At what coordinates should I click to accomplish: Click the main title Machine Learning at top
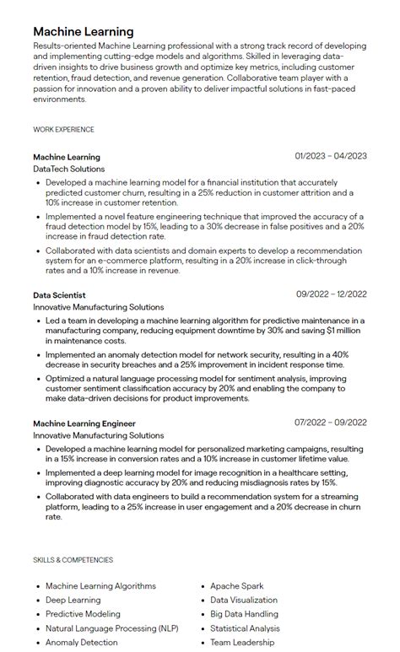pos(83,31)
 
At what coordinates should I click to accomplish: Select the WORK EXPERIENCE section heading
pos(63,130)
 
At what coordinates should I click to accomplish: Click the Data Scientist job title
pos(59,294)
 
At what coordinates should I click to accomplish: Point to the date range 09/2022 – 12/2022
pos(331,294)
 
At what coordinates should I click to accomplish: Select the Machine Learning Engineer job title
pos(84,423)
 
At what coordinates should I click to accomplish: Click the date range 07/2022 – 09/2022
pos(331,422)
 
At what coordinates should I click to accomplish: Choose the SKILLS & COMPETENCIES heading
pos(73,560)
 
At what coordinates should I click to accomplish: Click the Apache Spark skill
pos(237,586)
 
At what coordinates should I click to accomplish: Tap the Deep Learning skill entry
pos(73,601)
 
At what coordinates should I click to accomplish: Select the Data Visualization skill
pos(244,601)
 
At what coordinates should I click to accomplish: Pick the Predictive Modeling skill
pos(83,614)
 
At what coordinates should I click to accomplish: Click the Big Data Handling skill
pos(244,614)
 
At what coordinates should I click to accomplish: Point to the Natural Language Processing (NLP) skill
pos(112,628)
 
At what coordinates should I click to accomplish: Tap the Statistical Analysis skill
pos(246,628)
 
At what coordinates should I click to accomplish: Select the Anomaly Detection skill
pos(82,643)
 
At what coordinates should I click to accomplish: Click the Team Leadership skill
pos(242,643)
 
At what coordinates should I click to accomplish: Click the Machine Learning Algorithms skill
pos(100,586)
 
